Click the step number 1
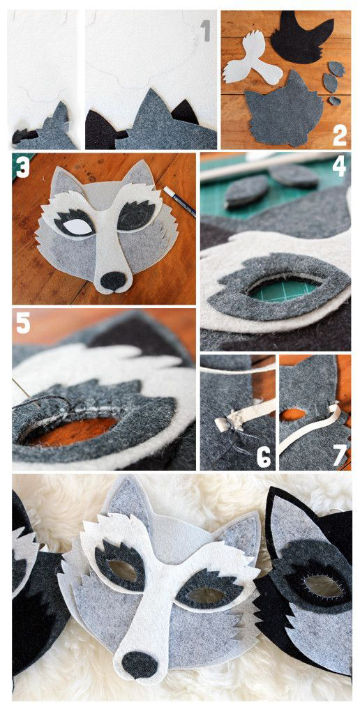click(x=206, y=31)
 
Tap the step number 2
click(x=340, y=135)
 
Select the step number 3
click(x=23, y=166)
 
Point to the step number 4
click(x=338, y=166)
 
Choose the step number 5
click(x=23, y=322)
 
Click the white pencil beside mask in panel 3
click(x=179, y=201)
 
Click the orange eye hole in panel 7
click(x=294, y=414)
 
